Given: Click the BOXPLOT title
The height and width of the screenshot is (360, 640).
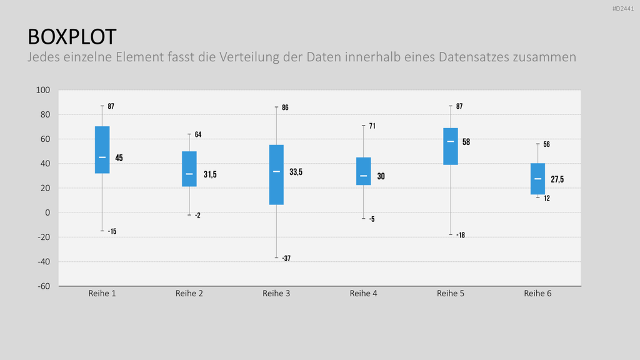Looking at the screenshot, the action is pos(72,37).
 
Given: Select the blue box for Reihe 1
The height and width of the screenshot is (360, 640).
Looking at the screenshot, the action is pos(102,150).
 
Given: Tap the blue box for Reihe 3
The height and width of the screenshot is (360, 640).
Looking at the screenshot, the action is pos(276,175).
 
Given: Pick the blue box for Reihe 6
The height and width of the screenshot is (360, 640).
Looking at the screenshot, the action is pos(537,179).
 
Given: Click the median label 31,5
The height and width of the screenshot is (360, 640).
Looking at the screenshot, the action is pos(210,175).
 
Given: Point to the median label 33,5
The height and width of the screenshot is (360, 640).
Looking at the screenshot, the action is pos(296,172).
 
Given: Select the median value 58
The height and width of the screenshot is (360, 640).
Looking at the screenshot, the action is pos(466,142).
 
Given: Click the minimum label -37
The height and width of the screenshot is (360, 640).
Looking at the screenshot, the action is pos(286,258).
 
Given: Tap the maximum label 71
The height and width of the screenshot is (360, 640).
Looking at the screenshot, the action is pos(372,126).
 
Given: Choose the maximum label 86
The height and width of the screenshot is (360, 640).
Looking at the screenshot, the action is pos(285,107).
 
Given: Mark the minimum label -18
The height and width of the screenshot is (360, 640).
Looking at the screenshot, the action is pos(461,235).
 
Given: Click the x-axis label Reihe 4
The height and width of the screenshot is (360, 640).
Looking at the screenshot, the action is pos(363,294).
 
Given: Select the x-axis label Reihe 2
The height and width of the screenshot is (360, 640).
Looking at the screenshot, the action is pos(189,294).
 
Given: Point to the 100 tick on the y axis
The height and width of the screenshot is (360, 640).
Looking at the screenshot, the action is pos(43,90).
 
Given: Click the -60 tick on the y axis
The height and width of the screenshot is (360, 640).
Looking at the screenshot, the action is pos(44,286).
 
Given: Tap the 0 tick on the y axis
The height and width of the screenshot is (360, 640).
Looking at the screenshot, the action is pos(47,212).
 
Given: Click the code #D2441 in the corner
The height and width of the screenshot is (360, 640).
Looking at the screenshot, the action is pos(623,9).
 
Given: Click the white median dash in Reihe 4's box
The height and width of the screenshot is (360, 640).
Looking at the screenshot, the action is pos(363,176).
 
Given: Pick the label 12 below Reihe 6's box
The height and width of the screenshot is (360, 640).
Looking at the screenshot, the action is pos(547,198).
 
